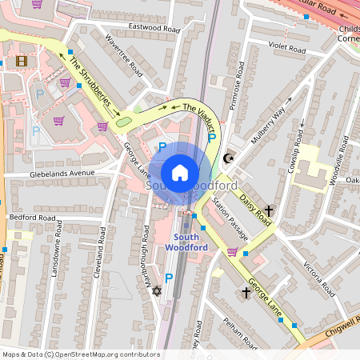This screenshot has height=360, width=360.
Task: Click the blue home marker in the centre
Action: point(180,172)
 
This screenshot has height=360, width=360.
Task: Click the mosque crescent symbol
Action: point(230,158)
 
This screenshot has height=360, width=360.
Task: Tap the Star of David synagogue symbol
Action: point(156,291)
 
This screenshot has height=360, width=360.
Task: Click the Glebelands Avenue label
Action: point(60,173)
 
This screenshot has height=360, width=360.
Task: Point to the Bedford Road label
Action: point(32,218)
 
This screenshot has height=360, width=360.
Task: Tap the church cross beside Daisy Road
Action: point(268,212)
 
